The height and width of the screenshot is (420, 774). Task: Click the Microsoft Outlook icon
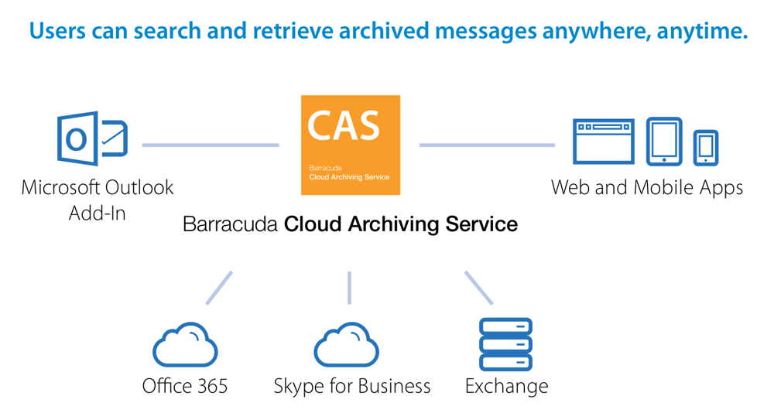[92, 139]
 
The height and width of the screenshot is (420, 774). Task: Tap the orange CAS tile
[351, 145]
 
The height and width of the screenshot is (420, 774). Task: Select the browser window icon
[603, 142]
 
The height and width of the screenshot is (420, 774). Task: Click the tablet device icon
[664, 141]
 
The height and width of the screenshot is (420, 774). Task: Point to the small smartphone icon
[705, 147]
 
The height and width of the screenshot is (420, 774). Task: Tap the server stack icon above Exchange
[505, 343]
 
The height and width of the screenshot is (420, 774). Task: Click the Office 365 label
[185, 386]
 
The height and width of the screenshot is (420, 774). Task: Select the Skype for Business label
[352, 386]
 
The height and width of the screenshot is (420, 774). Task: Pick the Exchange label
[506, 386]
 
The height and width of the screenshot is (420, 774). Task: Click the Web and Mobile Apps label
[647, 187]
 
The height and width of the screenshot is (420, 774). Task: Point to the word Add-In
[98, 213]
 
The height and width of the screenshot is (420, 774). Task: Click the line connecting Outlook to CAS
[211, 145]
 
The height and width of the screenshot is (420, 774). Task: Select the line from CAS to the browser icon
[487, 145]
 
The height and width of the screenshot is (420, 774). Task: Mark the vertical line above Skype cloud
[350, 287]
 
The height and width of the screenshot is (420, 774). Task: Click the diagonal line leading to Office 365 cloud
[219, 287]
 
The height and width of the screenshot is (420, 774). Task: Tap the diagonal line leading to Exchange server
[478, 287]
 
